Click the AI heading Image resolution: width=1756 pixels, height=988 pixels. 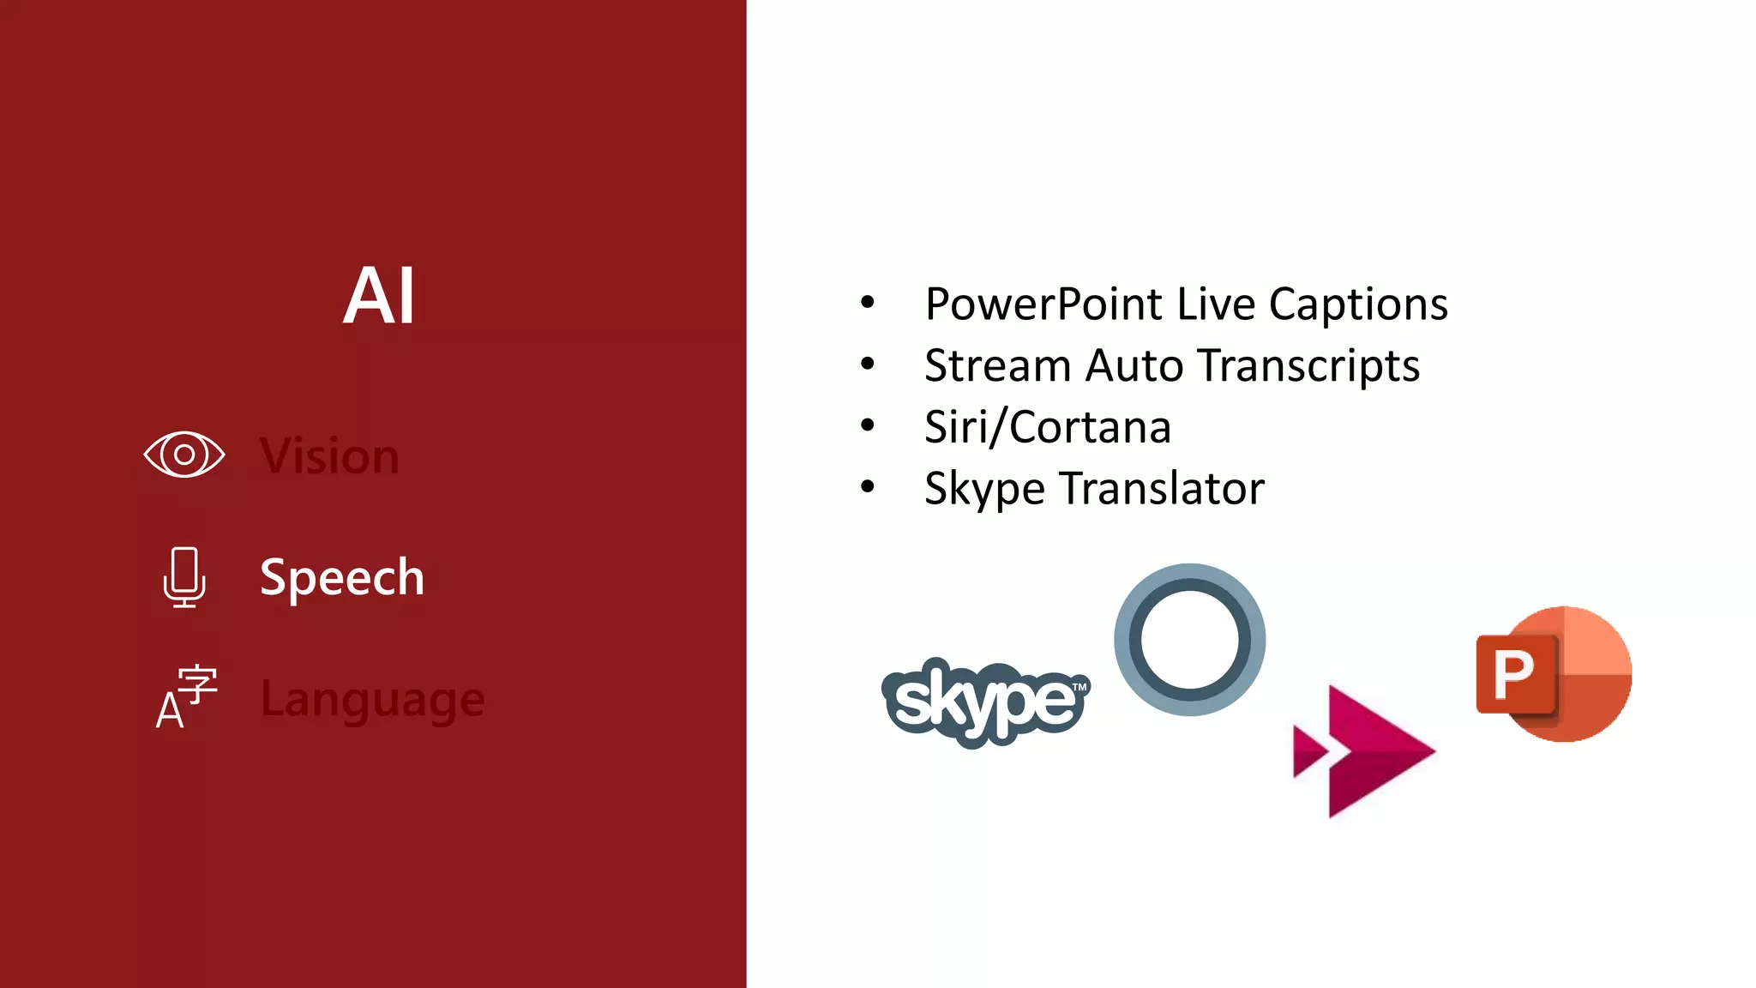point(380,296)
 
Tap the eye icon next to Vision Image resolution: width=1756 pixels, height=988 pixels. point(184,455)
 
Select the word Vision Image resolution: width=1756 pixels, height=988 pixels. point(330,455)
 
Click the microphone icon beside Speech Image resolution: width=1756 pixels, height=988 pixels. point(184,577)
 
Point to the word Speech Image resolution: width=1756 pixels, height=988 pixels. point(342,577)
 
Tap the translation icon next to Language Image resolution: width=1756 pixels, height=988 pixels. point(186,697)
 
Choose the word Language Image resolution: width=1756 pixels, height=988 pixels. point(373,700)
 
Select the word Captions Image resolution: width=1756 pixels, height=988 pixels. point(1358,304)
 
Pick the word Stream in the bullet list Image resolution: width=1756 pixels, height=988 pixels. point(998,366)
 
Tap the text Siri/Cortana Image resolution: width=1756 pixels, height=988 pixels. point(1048,427)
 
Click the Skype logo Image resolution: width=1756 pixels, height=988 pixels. point(986,702)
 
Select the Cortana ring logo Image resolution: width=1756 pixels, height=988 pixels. point(1190,640)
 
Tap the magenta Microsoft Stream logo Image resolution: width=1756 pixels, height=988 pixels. point(1363,751)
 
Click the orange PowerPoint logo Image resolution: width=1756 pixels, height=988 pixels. point(1554,674)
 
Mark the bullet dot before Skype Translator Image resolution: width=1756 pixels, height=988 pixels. point(868,487)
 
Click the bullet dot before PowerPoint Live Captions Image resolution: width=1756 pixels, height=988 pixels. point(868,303)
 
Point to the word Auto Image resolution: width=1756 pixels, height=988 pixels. point(1135,366)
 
